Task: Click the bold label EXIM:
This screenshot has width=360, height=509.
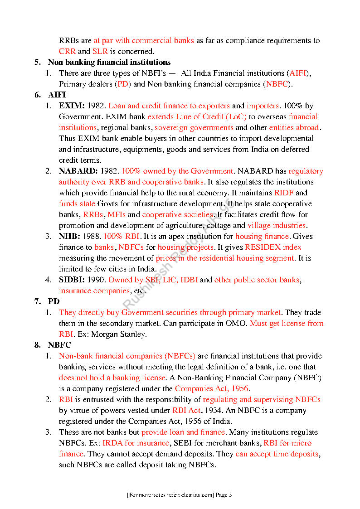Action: click(72, 106)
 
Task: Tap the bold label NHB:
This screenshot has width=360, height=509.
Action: click(69, 237)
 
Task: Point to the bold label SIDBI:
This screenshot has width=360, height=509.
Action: click(72, 280)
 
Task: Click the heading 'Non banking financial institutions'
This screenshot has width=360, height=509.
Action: click(109, 63)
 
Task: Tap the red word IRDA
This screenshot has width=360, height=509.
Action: click(112, 443)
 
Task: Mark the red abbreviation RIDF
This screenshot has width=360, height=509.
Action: click(284, 193)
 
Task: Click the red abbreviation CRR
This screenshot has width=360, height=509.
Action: click(67, 52)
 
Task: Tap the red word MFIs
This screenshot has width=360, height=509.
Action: click(117, 215)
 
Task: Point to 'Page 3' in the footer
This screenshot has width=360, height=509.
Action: click(224, 495)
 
